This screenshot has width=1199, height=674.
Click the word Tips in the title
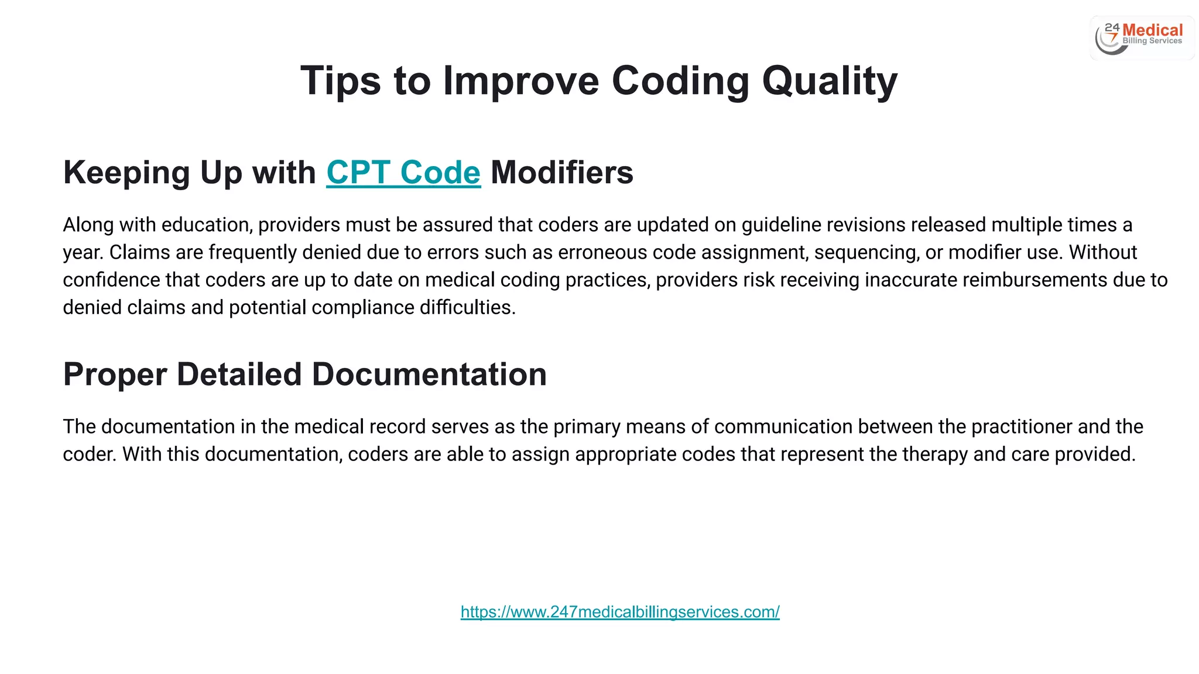(340, 81)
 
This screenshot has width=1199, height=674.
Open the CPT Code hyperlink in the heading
(403, 173)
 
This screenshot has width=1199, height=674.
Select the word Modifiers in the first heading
(561, 173)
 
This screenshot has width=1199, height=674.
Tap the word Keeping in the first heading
(126, 173)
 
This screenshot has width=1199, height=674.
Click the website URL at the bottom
(619, 612)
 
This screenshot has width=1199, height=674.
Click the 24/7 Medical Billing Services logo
(1141, 37)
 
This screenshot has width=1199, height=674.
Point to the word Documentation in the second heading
(429, 374)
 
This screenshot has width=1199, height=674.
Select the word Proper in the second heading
(115, 374)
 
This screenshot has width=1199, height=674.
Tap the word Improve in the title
(521, 81)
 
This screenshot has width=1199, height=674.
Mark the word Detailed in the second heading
(239, 374)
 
